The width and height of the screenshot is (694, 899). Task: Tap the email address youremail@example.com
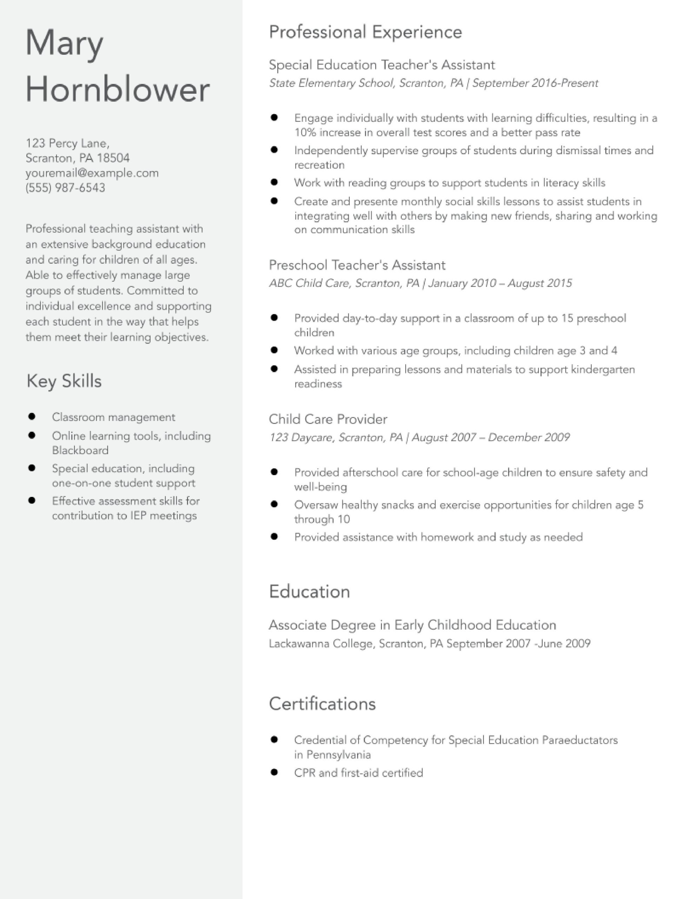[92, 173]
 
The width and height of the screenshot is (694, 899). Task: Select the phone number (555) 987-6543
[65, 188]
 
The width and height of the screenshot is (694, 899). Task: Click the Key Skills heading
[64, 381]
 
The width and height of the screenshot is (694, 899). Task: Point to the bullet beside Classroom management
[32, 416]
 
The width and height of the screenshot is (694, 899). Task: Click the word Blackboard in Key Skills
[80, 450]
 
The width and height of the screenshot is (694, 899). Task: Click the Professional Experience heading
[365, 32]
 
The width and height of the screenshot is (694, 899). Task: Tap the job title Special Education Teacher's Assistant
[382, 65]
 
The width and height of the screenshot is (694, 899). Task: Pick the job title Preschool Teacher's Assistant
[357, 265]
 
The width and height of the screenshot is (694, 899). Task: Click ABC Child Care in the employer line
[309, 283]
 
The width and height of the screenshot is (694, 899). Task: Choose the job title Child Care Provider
[328, 419]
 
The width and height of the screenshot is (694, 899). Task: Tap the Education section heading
[309, 591]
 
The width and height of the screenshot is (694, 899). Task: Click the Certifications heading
[322, 704]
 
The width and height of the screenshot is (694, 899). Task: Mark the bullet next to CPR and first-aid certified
[274, 772]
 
